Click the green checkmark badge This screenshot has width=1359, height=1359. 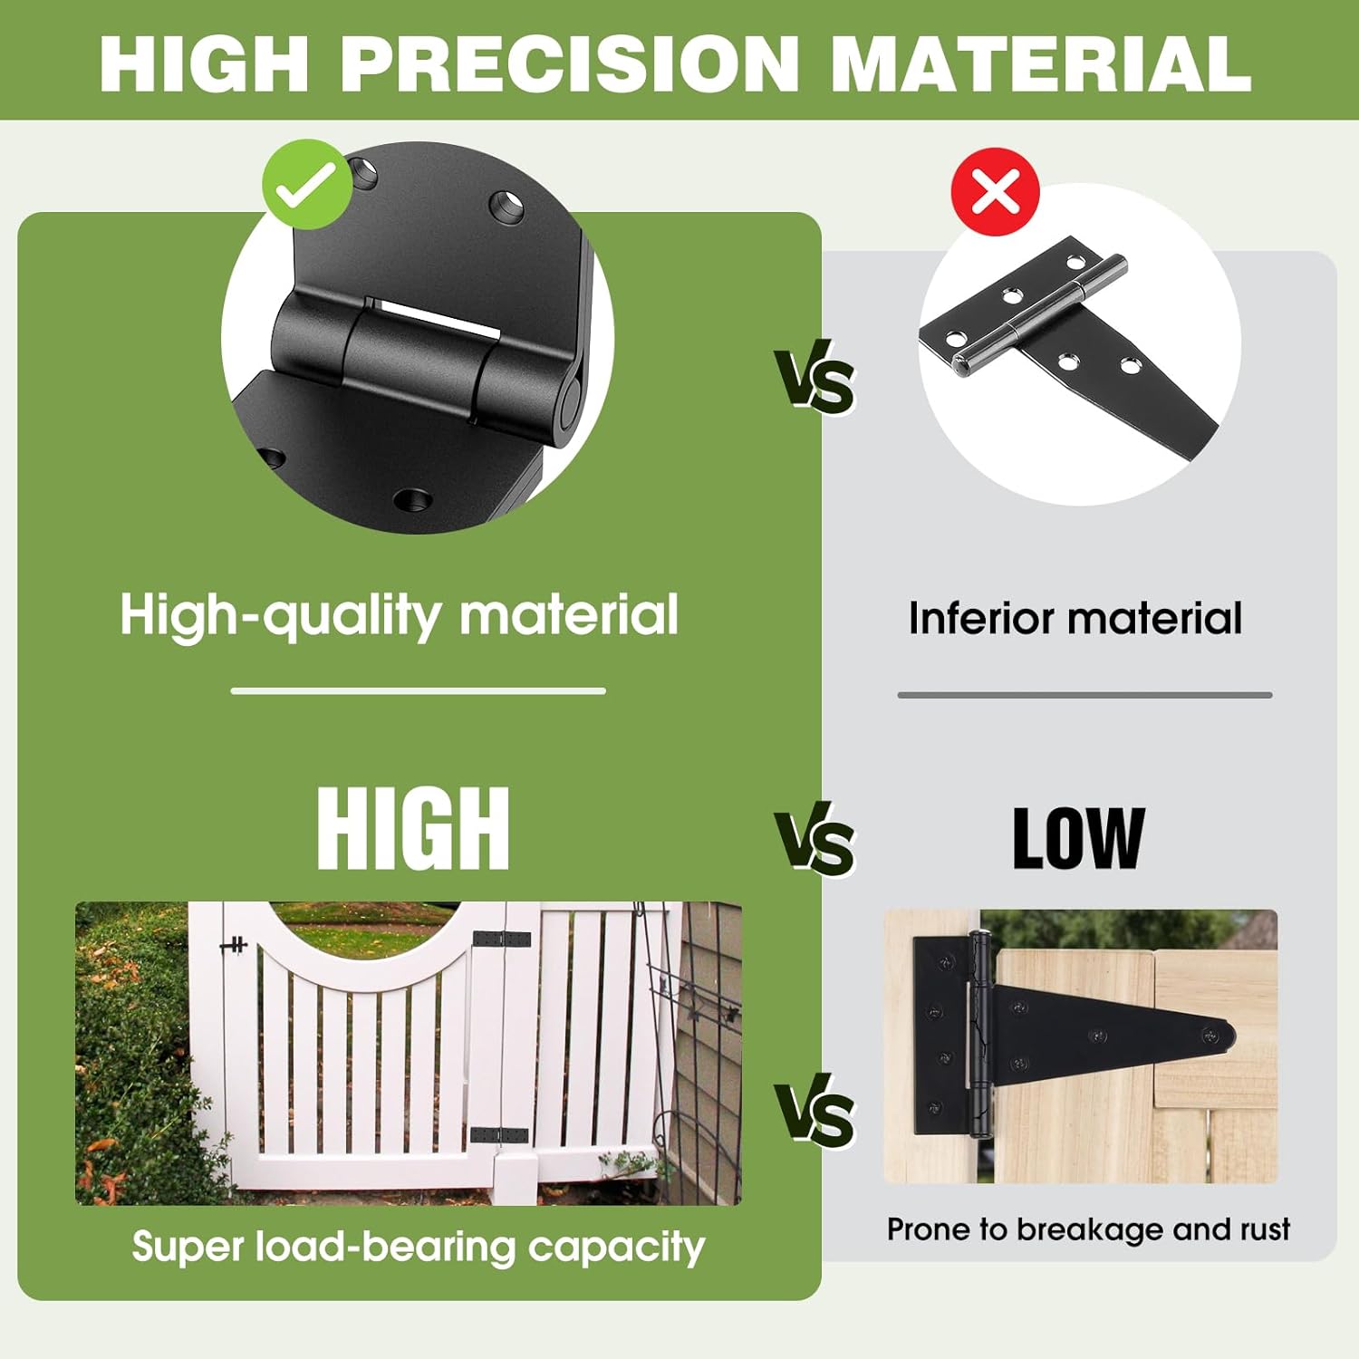pyautogui.click(x=306, y=185)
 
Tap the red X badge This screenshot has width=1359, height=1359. pyautogui.click(x=995, y=192)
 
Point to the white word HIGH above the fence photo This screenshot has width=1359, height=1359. pyautogui.click(x=413, y=828)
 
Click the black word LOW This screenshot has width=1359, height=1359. pyautogui.click(x=1078, y=839)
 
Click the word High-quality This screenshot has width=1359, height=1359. pyautogui.click(x=281, y=616)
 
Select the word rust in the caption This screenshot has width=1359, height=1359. pyautogui.click(x=1266, y=1229)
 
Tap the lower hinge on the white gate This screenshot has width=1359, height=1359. pyautogui.click(x=498, y=1135)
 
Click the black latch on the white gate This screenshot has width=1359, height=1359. pyautogui.click(x=235, y=946)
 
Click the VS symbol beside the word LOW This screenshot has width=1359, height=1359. pyautogui.click(x=814, y=843)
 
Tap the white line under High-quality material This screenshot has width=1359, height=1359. pyautogui.click(x=418, y=690)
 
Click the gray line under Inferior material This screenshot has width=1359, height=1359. pyautogui.click(x=1084, y=695)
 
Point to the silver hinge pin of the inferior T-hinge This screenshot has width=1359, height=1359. pyautogui.click(x=1042, y=315)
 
